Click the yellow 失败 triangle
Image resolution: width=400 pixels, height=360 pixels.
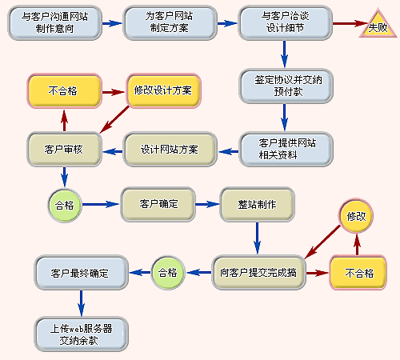click(x=378, y=26)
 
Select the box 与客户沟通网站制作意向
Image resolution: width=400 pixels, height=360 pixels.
click(x=54, y=23)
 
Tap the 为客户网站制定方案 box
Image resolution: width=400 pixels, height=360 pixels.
click(x=170, y=23)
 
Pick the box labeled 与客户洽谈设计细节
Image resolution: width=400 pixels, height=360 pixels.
click(x=285, y=23)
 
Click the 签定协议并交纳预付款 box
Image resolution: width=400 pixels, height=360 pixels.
click(x=286, y=86)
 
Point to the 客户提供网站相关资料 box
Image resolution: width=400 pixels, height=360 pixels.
click(x=286, y=149)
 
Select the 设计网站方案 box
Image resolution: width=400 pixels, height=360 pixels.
click(x=170, y=150)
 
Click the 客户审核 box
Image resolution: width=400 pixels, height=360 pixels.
click(x=64, y=150)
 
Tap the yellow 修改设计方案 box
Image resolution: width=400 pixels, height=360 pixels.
click(x=163, y=90)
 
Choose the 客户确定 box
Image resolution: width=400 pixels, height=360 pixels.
click(x=158, y=205)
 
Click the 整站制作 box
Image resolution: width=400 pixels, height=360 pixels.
click(x=257, y=205)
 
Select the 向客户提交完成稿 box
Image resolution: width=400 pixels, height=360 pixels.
click(x=258, y=273)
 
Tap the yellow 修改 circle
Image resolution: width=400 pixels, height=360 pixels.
click(x=356, y=215)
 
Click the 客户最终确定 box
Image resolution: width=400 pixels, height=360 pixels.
click(x=82, y=273)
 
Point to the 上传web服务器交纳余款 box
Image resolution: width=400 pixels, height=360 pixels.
click(x=82, y=334)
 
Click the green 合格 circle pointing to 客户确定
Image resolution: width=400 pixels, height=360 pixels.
click(x=65, y=205)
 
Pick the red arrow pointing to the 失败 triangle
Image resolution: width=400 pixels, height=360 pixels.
click(x=350, y=23)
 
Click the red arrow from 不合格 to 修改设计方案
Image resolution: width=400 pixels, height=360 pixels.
click(x=114, y=92)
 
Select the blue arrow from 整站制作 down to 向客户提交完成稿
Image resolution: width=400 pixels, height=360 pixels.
click(x=257, y=238)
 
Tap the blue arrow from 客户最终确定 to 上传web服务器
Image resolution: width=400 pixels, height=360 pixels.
click(x=82, y=303)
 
